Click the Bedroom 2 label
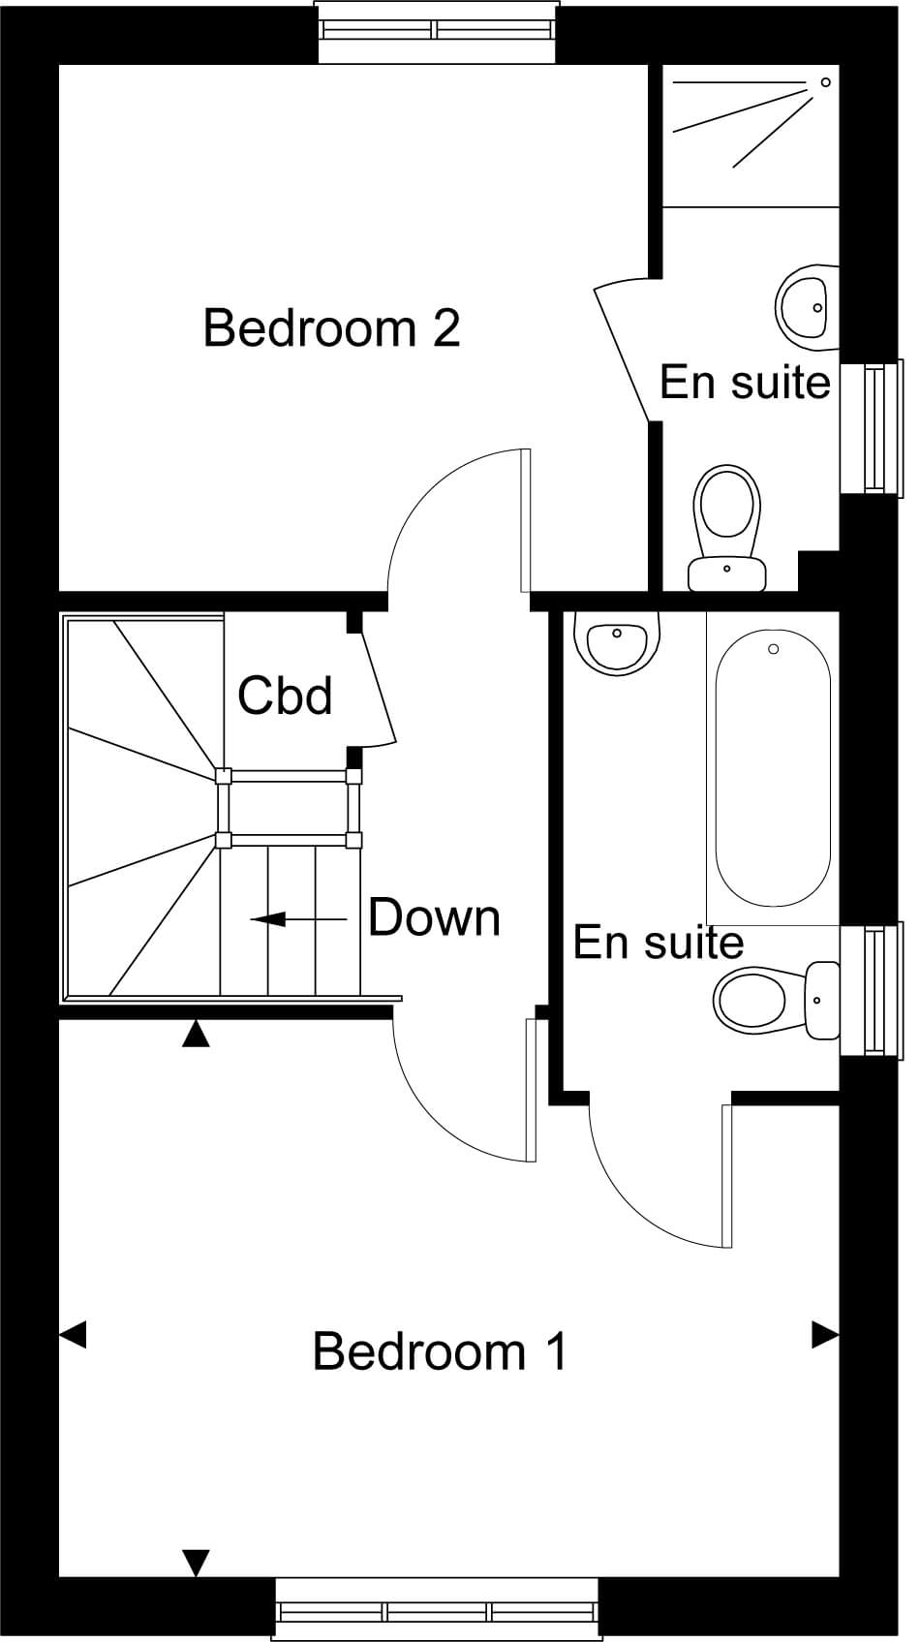(x=331, y=328)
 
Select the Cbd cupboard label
(x=285, y=696)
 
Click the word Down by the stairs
(x=434, y=917)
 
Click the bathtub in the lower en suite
(x=773, y=765)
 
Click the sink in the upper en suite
(x=807, y=307)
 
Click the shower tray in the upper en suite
(x=751, y=135)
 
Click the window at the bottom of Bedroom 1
(x=436, y=1611)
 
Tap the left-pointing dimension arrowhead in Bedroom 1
(x=73, y=1335)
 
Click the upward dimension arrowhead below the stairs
(x=197, y=1034)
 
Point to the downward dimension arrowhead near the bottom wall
(x=197, y=1563)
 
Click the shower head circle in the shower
(x=826, y=82)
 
